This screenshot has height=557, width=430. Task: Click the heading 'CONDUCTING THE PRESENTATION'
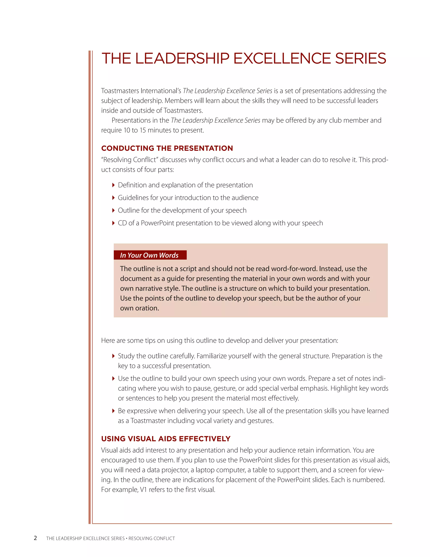(167, 148)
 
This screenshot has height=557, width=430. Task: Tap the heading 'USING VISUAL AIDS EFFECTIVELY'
(166, 439)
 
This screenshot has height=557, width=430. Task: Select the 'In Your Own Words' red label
(149, 255)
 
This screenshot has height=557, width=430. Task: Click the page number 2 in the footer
(35, 538)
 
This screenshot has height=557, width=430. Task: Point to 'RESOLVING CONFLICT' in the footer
(152, 538)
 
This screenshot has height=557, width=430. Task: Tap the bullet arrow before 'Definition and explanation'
(113, 185)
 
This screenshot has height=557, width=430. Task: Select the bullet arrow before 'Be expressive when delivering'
(113, 411)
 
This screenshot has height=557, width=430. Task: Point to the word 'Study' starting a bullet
(125, 356)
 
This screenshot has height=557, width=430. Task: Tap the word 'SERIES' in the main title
(361, 58)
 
